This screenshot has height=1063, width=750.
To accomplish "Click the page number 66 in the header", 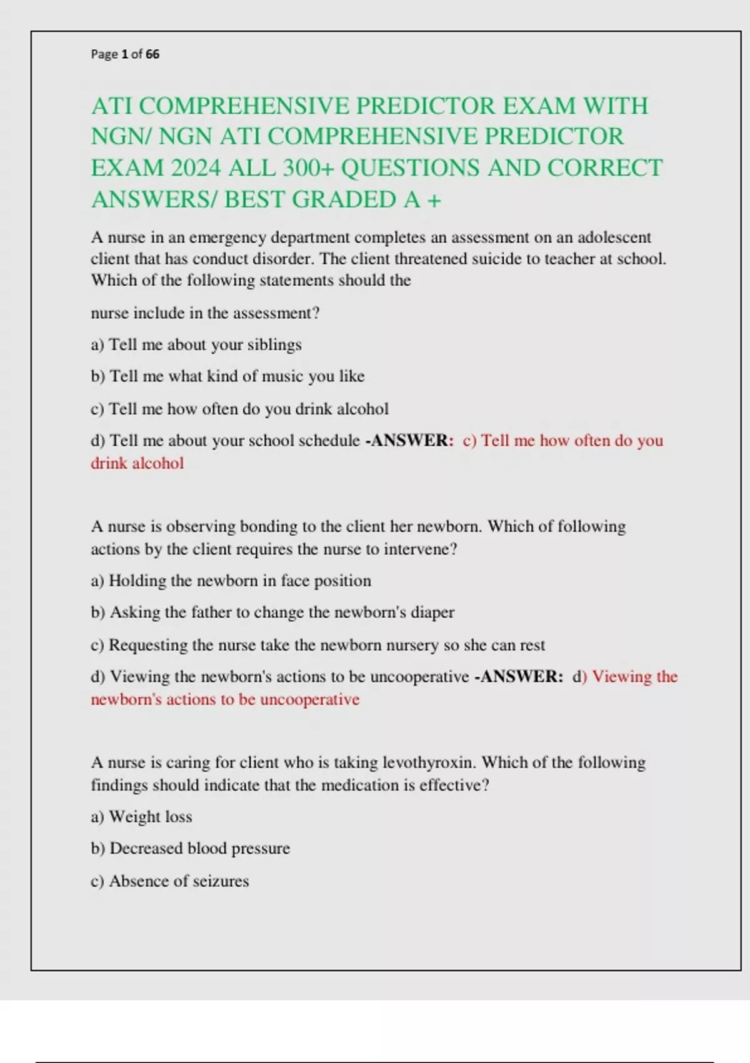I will pos(152,54).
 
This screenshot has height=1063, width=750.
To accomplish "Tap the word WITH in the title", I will pos(616,106).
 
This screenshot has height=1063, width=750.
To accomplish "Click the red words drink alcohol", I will pos(137,463).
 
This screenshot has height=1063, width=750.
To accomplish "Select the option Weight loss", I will pos(150,817).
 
